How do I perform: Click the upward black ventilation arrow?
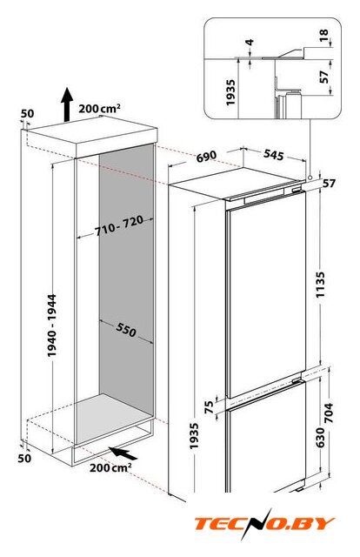pyautogui.click(x=66, y=104)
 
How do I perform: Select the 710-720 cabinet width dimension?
pyautogui.click(x=119, y=225)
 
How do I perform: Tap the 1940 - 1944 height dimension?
pyautogui.click(x=52, y=325)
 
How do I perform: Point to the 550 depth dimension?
pyautogui.click(x=126, y=330)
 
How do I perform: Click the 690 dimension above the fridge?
pyautogui.click(x=206, y=156)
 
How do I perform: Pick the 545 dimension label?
pyautogui.click(x=274, y=155)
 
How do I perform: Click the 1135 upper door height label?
pyautogui.click(x=320, y=285)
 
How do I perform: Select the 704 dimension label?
pyautogui.click(x=330, y=413)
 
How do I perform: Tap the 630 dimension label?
pyautogui.click(x=320, y=438)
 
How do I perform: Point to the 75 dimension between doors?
pyautogui.click(x=210, y=407)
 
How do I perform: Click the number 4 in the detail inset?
pyautogui.click(x=250, y=43)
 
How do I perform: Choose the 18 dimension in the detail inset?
pyautogui.click(x=324, y=35)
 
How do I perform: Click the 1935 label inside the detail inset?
pyautogui.click(x=230, y=93)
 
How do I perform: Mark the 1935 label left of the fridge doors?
pyautogui.click(x=194, y=436)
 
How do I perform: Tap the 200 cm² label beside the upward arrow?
pyautogui.click(x=99, y=108)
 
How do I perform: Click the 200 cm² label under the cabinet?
pyautogui.click(x=110, y=467)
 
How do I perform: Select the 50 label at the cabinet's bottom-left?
pyautogui.click(x=24, y=459)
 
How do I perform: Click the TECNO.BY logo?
pyautogui.click(x=264, y=524)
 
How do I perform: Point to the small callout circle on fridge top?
pyautogui.click(x=310, y=177)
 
